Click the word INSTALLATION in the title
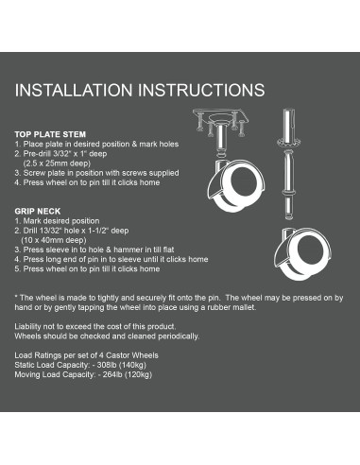point(74,90)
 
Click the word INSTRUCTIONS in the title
point(201,90)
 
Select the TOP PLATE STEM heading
point(50,134)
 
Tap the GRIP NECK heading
point(38,211)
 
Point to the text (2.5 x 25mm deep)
point(57,164)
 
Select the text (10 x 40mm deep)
point(54,240)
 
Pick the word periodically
point(179,336)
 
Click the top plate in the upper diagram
point(221,115)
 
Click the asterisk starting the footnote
point(16,297)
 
